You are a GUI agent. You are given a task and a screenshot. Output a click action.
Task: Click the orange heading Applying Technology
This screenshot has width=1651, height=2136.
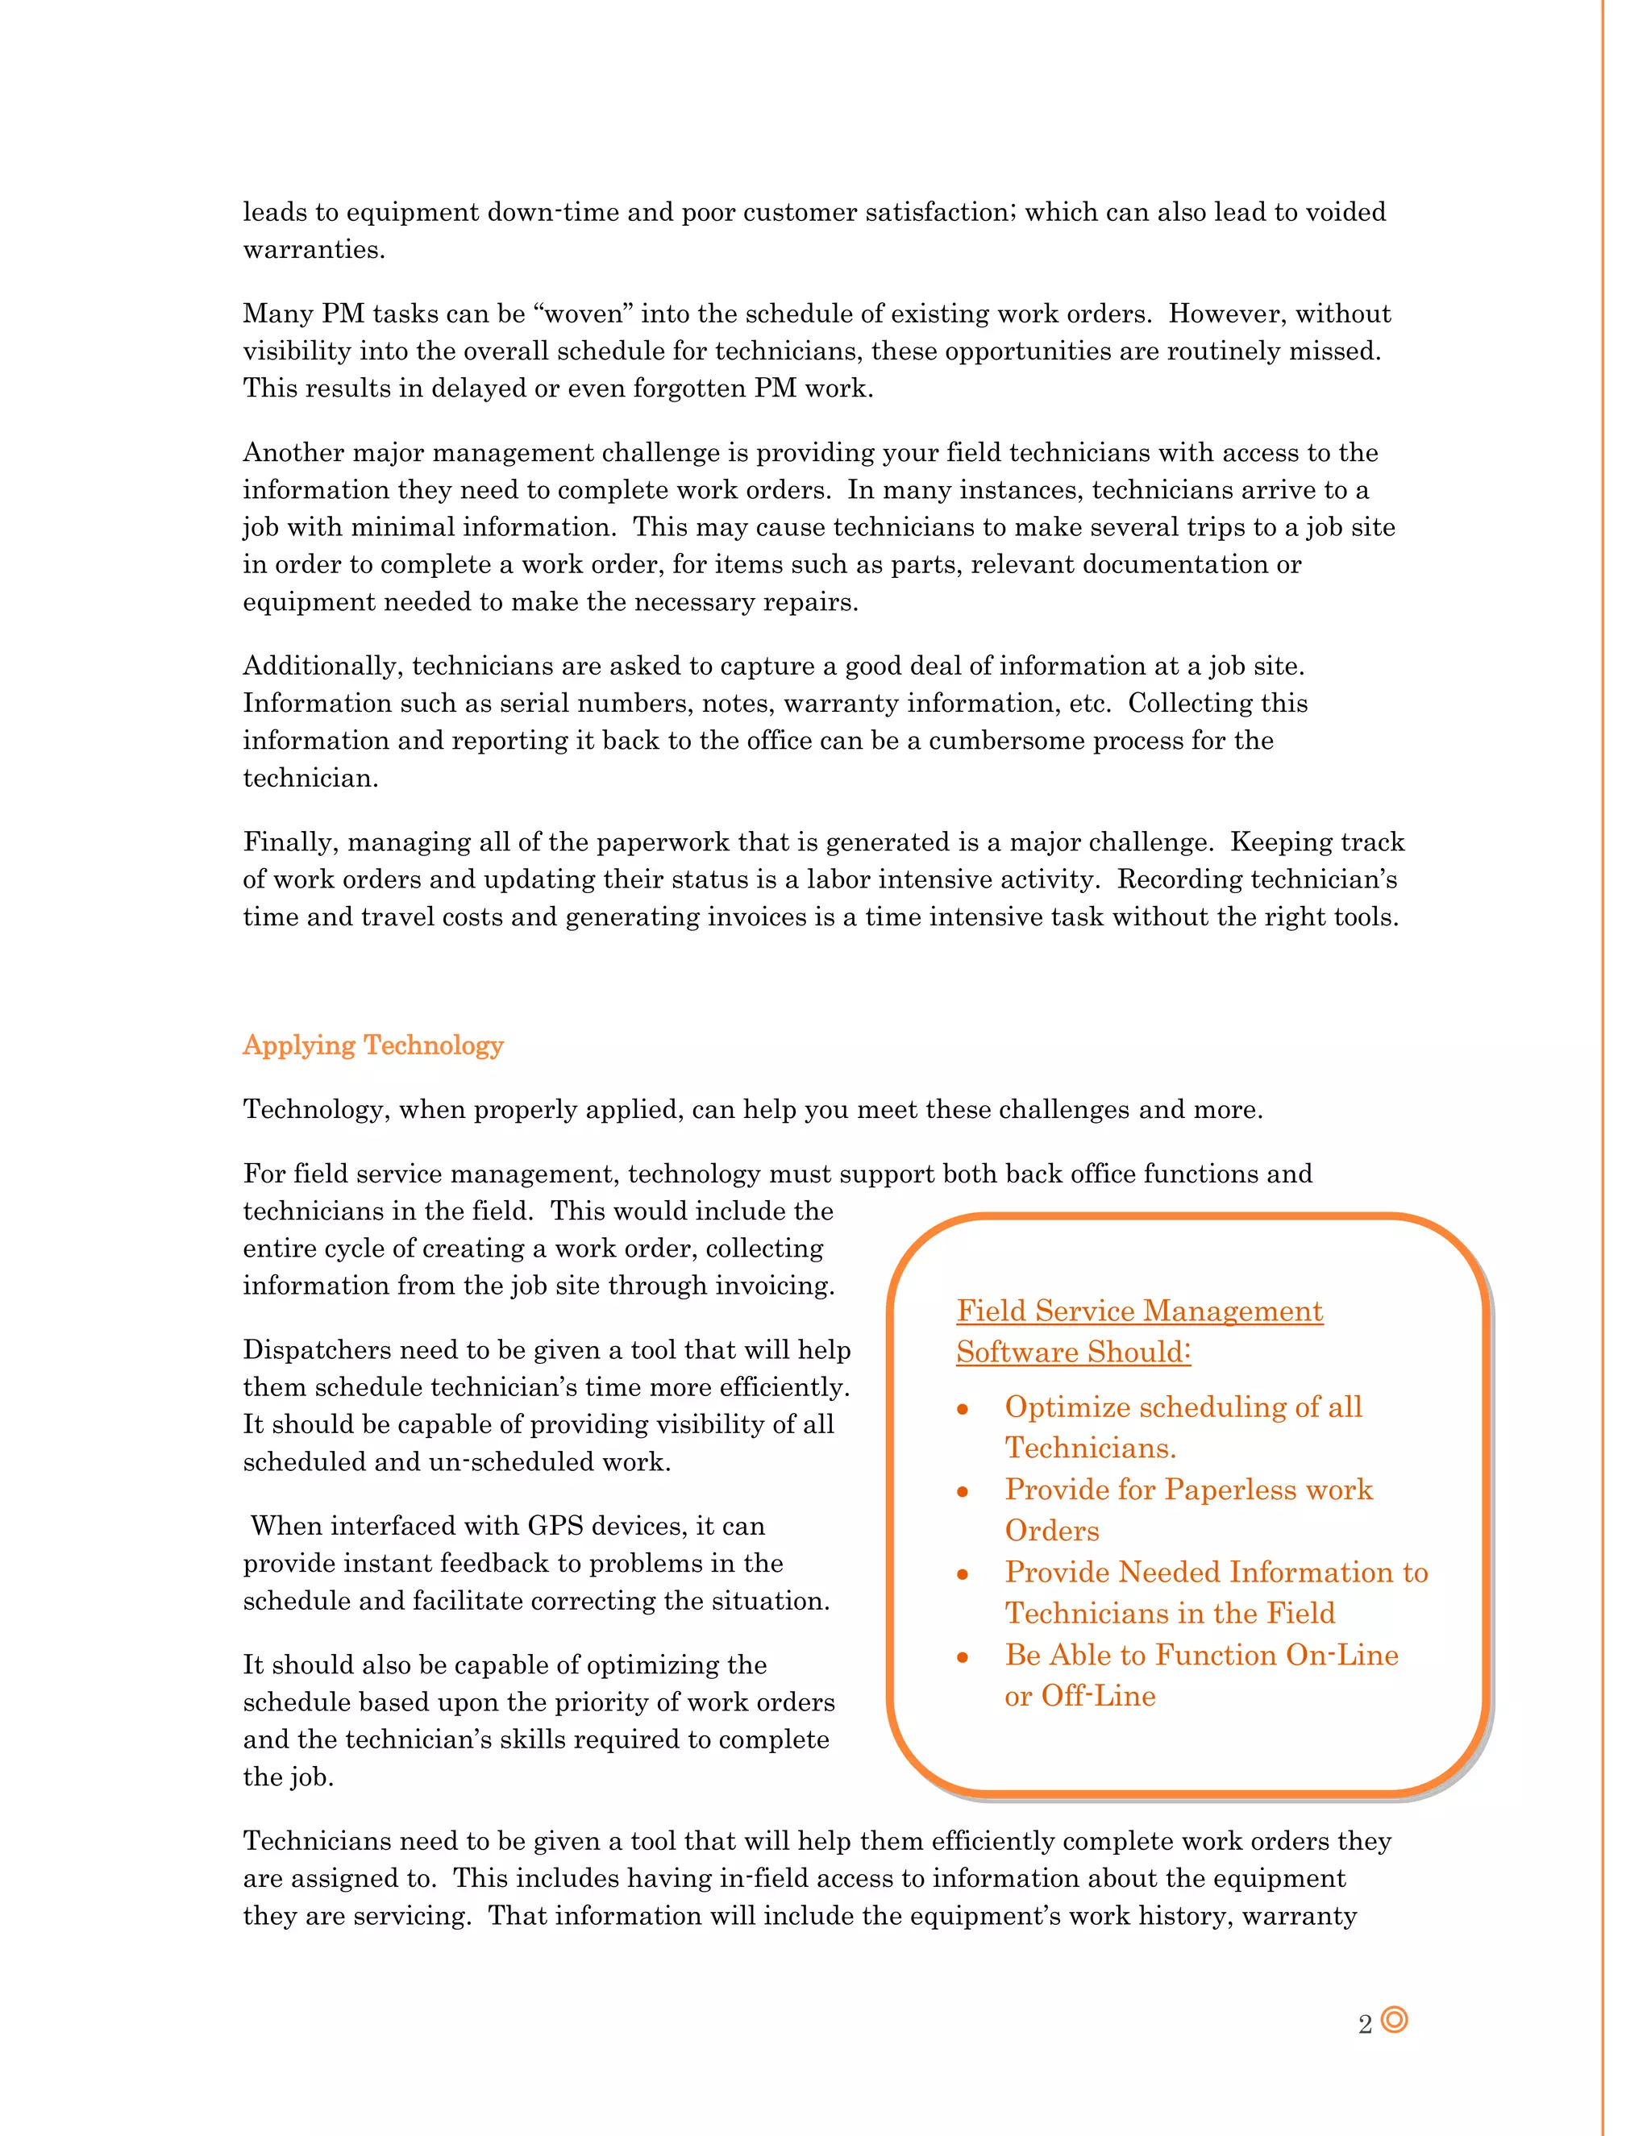point(372,1045)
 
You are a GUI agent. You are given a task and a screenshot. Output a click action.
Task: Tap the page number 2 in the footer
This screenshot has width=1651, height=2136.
point(1365,2025)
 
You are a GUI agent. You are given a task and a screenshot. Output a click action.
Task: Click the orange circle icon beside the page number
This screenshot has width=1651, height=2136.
point(1394,2020)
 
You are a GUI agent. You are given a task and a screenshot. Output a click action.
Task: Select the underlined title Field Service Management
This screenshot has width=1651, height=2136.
point(1139,1311)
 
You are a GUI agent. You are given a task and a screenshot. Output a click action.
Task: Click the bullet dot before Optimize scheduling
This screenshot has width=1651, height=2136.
point(963,1409)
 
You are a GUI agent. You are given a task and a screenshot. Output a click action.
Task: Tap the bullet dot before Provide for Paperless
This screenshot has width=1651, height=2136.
point(963,1491)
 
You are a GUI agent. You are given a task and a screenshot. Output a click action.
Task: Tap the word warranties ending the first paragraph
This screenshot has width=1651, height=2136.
point(313,249)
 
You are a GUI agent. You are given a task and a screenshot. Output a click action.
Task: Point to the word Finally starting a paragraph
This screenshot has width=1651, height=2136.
point(290,842)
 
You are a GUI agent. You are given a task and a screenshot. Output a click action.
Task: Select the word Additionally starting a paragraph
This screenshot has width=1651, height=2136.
point(322,666)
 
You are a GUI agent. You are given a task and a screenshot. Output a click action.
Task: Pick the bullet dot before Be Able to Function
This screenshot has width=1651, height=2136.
point(963,1656)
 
